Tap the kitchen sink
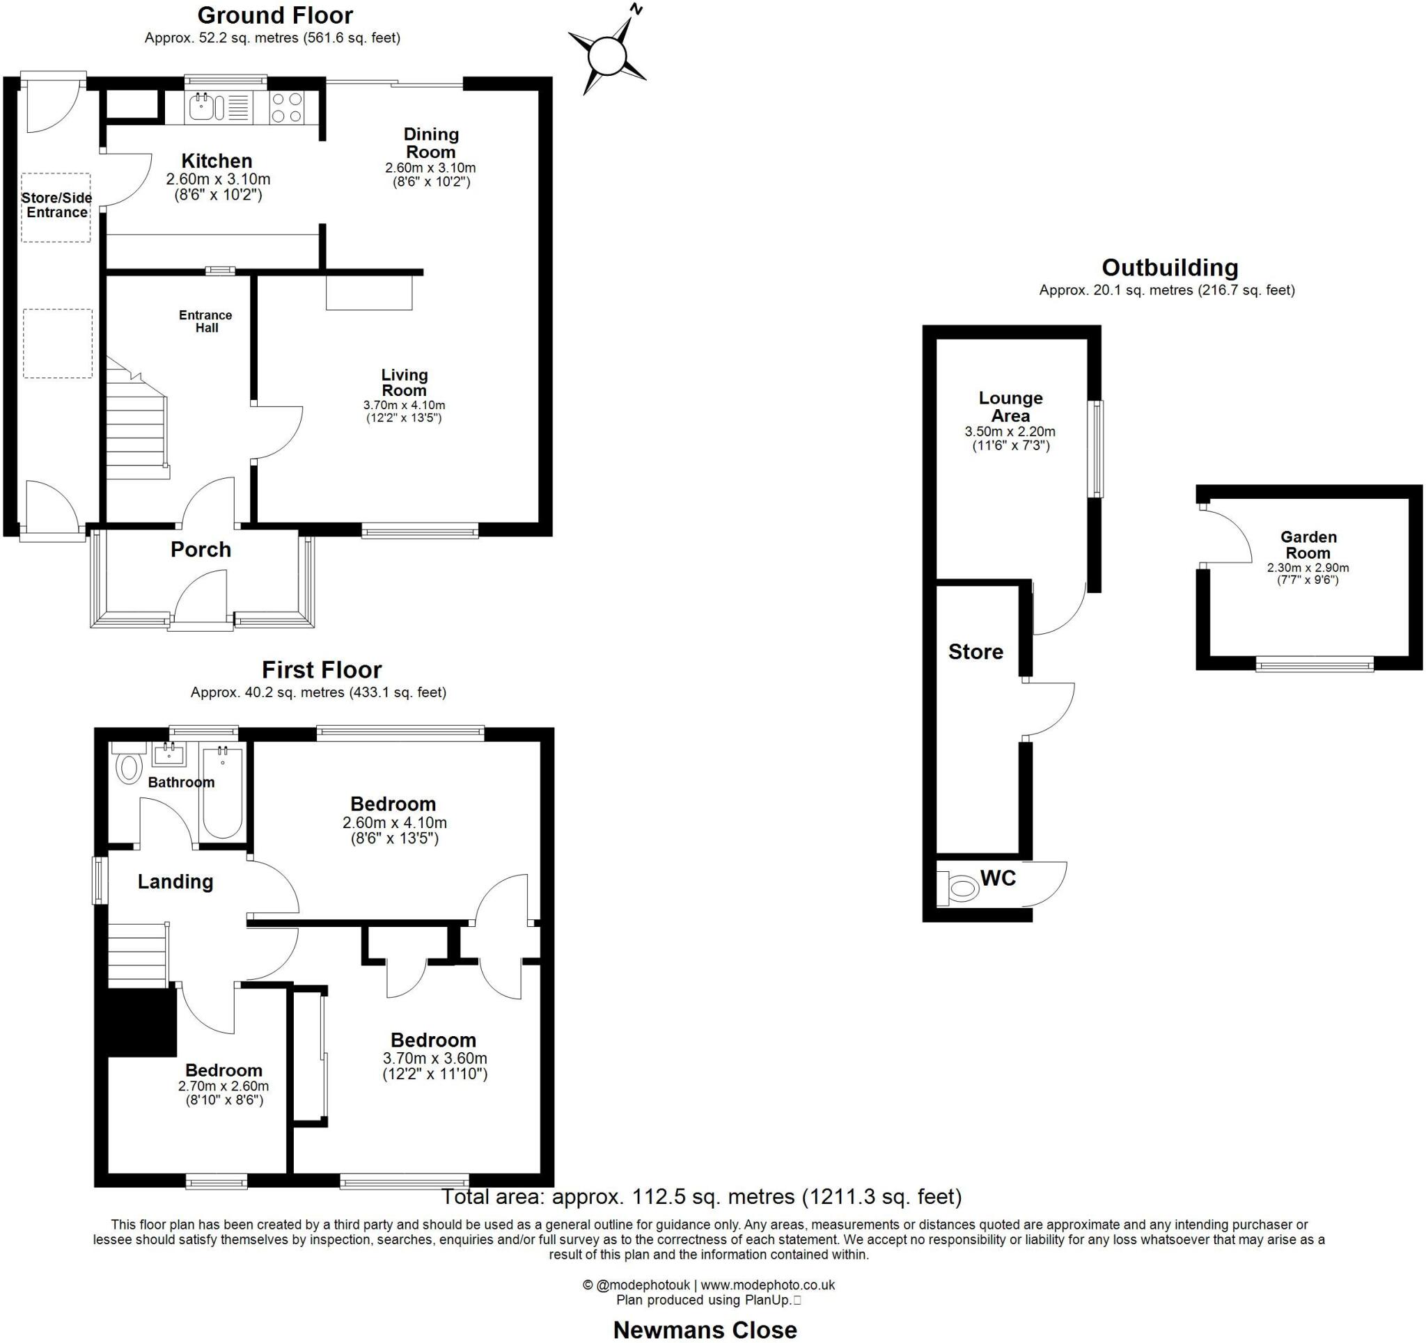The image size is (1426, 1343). [207, 109]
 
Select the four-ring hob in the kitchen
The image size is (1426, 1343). [286, 109]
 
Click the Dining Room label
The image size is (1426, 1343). [430, 143]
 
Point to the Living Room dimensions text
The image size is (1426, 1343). [404, 411]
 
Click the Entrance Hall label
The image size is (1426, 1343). [206, 321]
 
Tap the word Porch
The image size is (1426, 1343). [201, 550]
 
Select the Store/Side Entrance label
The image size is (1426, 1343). [56, 205]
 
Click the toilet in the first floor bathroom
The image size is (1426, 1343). [129, 767]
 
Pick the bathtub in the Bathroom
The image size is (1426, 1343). [222, 792]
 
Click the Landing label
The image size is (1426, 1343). [175, 881]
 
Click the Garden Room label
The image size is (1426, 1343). [1308, 544]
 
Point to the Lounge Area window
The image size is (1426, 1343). [1097, 449]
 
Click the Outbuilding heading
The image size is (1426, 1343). [1169, 267]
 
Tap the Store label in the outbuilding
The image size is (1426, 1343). [975, 651]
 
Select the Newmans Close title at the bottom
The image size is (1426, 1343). [705, 1329]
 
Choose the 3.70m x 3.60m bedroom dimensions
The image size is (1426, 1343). [434, 1065]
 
